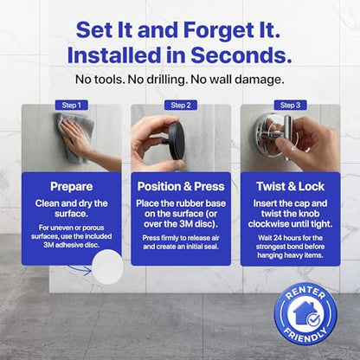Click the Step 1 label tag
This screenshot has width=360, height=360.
click(x=71, y=106)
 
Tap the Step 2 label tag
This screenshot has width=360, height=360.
click(x=181, y=106)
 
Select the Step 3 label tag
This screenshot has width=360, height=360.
click(x=290, y=106)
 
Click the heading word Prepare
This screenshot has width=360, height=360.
click(x=71, y=187)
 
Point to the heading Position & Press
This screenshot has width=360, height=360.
click(x=181, y=186)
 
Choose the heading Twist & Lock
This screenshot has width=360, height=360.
click(x=291, y=186)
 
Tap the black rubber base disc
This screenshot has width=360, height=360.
click(x=177, y=141)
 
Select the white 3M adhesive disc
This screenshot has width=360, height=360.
click(x=107, y=267)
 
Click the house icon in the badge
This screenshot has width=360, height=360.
click(x=304, y=313)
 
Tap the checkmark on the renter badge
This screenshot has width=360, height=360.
click(x=313, y=320)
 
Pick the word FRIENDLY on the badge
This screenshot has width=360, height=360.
click(x=305, y=334)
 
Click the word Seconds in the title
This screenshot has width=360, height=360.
click(x=241, y=55)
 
